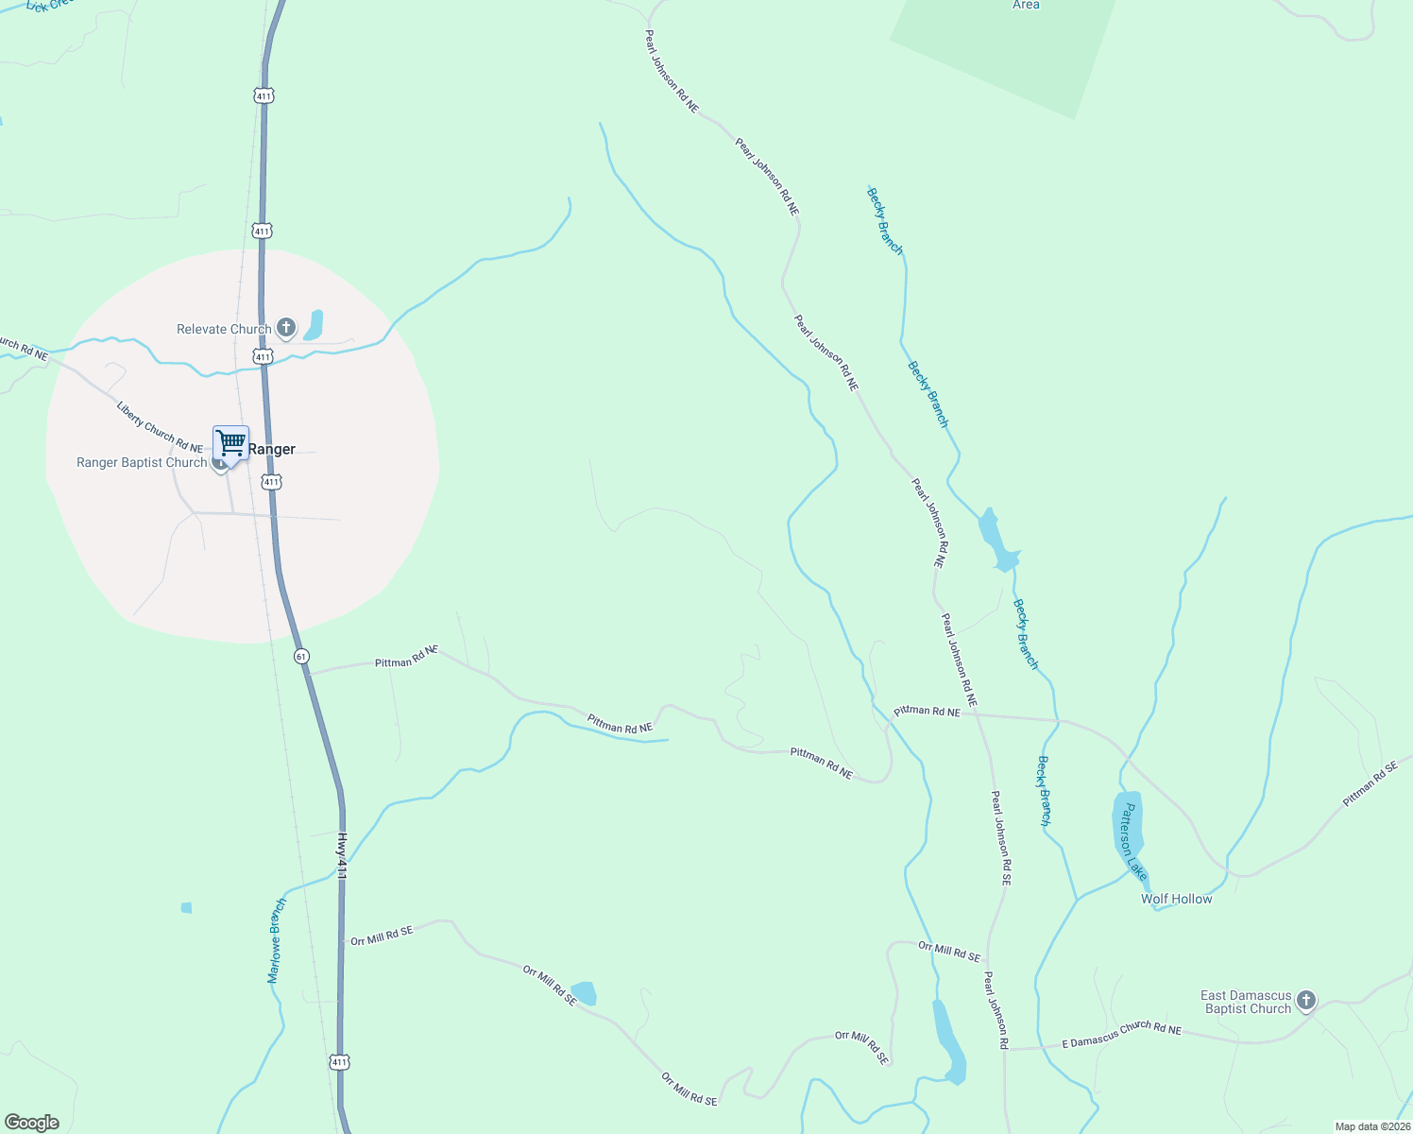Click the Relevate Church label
pos(224,329)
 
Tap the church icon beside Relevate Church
pos(286,328)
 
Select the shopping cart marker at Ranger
pos(230,442)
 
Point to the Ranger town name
pos(272,449)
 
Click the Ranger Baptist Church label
pos(142,462)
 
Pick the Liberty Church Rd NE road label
pos(160,427)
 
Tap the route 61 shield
pos(301,656)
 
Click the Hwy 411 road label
pos(342,856)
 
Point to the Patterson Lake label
pos(1132,842)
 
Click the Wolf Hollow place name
pos(1176,899)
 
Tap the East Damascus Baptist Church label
pos(1246,1002)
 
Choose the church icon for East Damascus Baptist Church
pos(1306,1000)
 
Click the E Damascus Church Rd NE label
pos(1121,1036)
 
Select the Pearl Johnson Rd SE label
pos(1001,837)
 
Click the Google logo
pos(31,1123)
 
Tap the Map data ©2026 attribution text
pos(1371,1126)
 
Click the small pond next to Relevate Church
pos(313,324)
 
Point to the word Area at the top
pos(1026,5)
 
